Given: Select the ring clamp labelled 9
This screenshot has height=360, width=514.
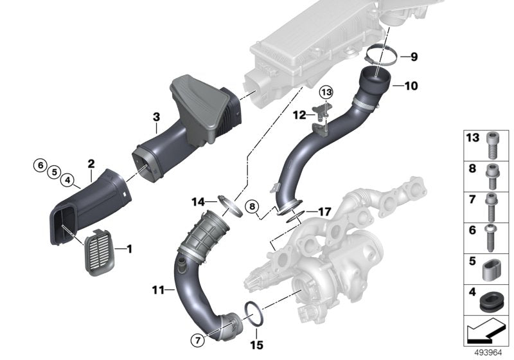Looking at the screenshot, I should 382,55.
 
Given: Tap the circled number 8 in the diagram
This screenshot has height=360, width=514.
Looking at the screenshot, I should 253,206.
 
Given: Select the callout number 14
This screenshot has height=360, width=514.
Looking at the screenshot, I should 198,202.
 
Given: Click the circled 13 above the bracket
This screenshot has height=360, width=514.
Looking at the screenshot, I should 326,93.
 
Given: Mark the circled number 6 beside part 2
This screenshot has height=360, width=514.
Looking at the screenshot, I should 40,164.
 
